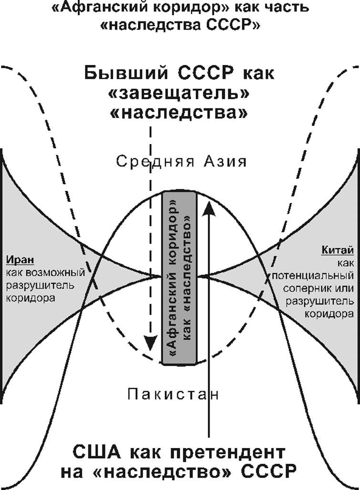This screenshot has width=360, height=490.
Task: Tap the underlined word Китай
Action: (x=338, y=250)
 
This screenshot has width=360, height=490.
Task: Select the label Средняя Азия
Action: (x=182, y=162)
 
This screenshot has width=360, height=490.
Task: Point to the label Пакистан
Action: (x=173, y=395)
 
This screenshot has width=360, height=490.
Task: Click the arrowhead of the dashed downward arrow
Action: (x=150, y=343)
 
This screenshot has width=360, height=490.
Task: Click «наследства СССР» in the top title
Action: (x=180, y=25)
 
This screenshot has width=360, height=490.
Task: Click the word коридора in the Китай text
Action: (x=329, y=314)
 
